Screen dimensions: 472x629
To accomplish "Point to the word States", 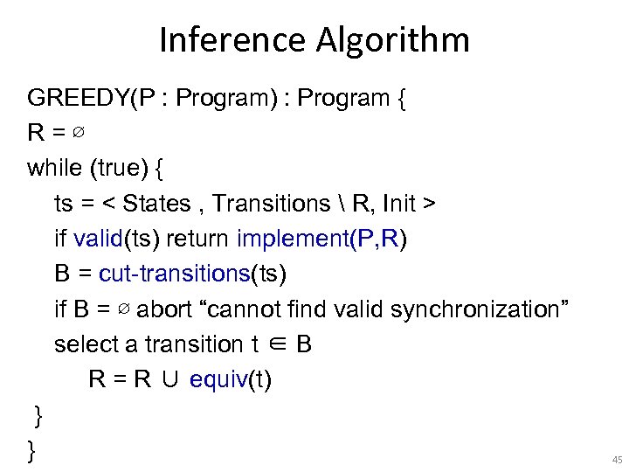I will pos(156,204).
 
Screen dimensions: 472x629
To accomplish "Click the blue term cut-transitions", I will pos(175,274).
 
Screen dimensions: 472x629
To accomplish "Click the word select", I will pos(86,344).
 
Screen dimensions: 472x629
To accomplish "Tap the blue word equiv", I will pos(212,380).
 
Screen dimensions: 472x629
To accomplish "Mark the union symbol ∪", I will pos(170,380).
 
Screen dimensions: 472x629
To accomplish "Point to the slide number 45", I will pos(617,459).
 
